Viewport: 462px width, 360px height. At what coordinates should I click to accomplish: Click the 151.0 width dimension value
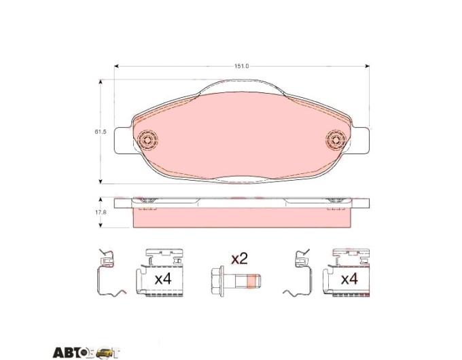(x=242, y=66)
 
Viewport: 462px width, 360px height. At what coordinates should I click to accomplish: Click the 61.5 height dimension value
(x=101, y=132)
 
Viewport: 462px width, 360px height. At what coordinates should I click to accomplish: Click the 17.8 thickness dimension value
(x=101, y=212)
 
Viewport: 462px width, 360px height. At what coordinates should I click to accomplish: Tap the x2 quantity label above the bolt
(x=239, y=259)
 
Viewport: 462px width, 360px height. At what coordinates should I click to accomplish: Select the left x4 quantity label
(x=163, y=278)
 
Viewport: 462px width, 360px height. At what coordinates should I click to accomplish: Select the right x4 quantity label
(x=349, y=278)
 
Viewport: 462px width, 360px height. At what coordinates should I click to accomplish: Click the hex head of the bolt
(x=217, y=281)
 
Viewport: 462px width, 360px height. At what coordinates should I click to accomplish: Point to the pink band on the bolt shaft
(x=250, y=281)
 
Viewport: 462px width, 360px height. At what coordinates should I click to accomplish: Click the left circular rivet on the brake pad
(x=147, y=139)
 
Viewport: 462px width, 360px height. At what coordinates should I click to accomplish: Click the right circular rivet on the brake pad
(x=336, y=139)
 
